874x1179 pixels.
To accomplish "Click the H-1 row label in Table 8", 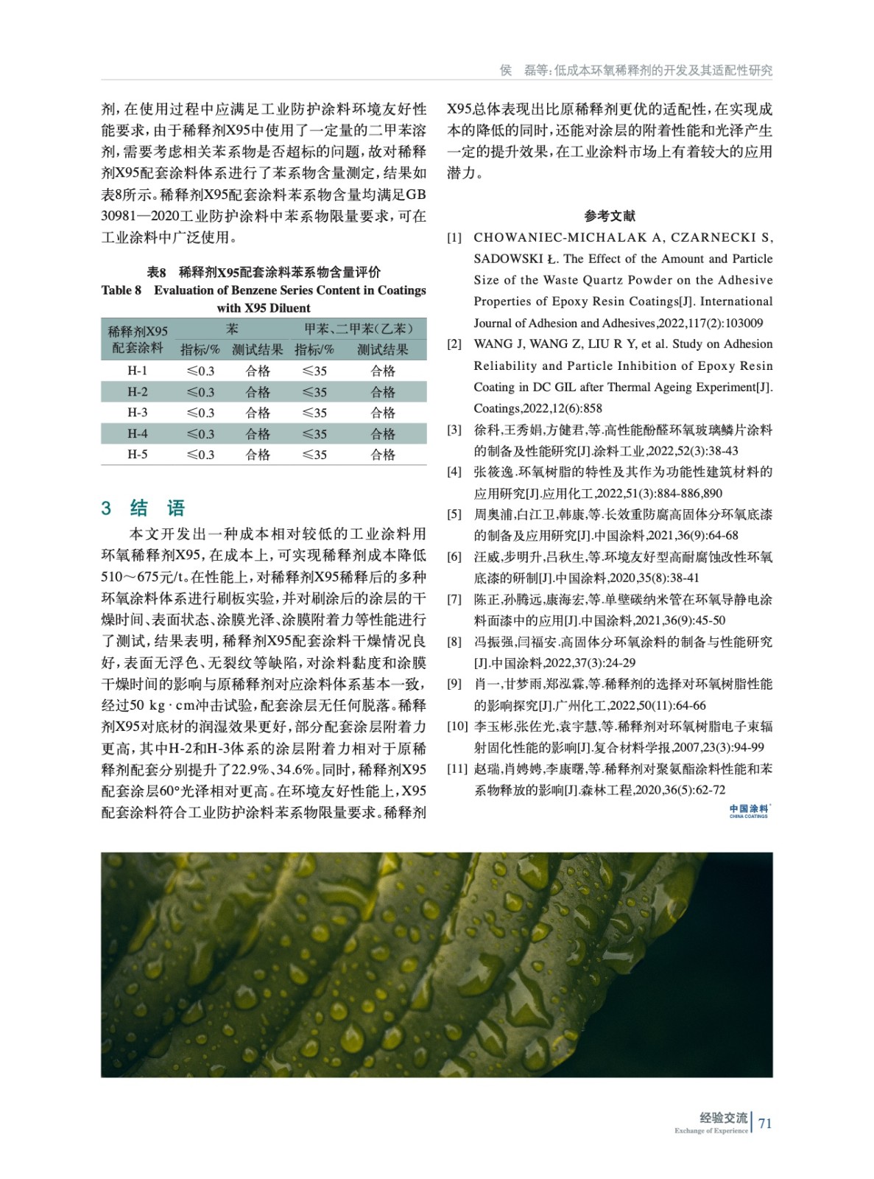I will coord(137,371).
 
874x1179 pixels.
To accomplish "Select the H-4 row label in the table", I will coord(137,433).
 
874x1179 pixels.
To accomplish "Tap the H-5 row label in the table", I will coord(137,454).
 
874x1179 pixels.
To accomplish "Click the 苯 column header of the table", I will coord(232,329).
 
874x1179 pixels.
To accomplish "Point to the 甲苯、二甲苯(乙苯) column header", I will coord(359,329).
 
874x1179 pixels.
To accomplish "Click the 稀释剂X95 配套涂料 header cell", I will coord(138,339).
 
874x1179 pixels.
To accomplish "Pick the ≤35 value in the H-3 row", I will coord(314,413).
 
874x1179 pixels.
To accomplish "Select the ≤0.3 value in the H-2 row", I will coord(200,392).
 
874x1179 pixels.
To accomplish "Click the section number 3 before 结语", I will coord(107,508).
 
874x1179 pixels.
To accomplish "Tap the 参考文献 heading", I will coord(610,216).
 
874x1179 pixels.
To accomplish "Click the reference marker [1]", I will coord(454,237).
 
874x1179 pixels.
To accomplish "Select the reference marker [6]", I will coord(454,557).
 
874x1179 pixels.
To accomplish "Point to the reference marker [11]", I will coord(457,769).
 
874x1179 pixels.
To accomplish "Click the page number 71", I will coord(765,1123).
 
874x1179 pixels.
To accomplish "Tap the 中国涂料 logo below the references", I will coord(749,811).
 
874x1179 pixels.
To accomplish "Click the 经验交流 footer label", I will coord(723,1118).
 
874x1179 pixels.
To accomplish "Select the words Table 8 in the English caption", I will coord(121,290).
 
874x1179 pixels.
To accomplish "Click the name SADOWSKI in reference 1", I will coord(507,259).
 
